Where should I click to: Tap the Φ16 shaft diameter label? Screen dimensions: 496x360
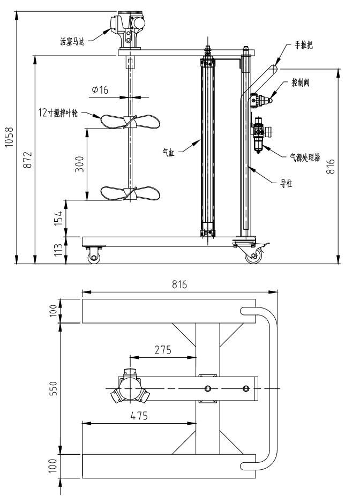[x=100, y=90]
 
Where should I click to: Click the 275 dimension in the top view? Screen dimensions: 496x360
[x=163, y=351]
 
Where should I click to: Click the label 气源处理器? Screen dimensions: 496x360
[x=306, y=157]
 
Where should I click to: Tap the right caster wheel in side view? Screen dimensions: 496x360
[x=251, y=257]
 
